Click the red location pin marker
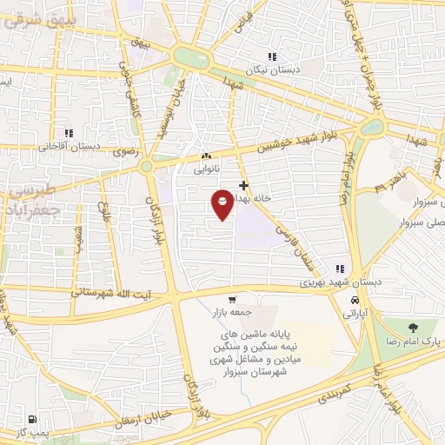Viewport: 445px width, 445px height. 222,203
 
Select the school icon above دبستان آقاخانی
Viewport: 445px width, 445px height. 68,133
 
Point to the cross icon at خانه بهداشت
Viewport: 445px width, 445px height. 243,185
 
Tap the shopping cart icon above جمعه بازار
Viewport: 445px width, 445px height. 231,298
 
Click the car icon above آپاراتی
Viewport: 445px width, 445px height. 354,300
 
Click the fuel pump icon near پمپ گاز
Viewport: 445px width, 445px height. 33,420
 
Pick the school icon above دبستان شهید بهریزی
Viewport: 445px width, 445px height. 341,269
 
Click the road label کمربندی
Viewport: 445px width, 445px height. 322,388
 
